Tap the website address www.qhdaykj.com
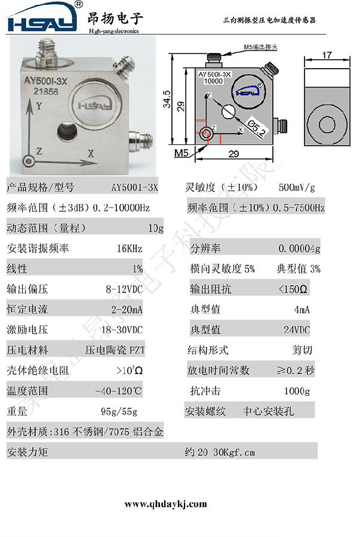click(x=165, y=504)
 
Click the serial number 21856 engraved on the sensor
click(x=45, y=91)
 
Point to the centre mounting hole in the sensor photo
click(x=67, y=131)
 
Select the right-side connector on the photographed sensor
click(x=140, y=139)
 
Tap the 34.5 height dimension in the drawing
click(x=167, y=99)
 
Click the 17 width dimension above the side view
click(x=327, y=55)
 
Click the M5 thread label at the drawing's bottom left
click(x=181, y=153)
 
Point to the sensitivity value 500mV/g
click(x=297, y=187)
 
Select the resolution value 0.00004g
click(x=299, y=248)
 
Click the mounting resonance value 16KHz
click(x=130, y=248)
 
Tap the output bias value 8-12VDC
click(x=124, y=289)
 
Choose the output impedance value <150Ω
click(x=293, y=289)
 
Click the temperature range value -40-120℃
click(x=119, y=391)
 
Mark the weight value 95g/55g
click(x=119, y=411)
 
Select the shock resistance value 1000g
click(x=297, y=391)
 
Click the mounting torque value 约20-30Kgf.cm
click(x=220, y=452)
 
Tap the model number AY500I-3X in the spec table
click(x=134, y=187)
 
